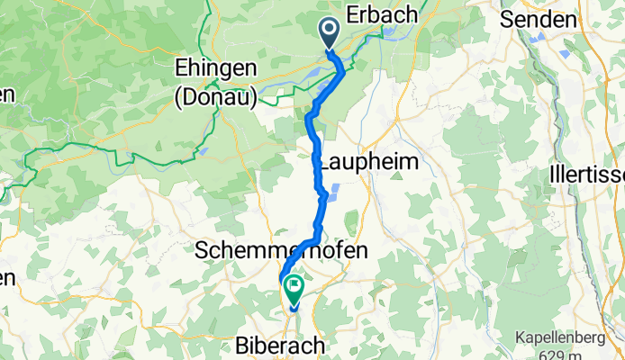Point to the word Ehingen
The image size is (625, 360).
point(216,69)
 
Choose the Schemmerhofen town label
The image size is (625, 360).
point(282,251)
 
